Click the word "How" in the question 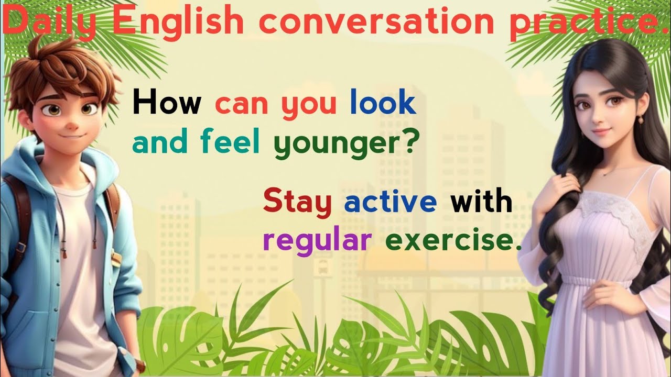coord(167,104)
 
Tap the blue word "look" coord(383,104)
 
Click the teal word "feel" coord(234,142)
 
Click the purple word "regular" coord(317,241)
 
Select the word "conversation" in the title coord(377,22)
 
